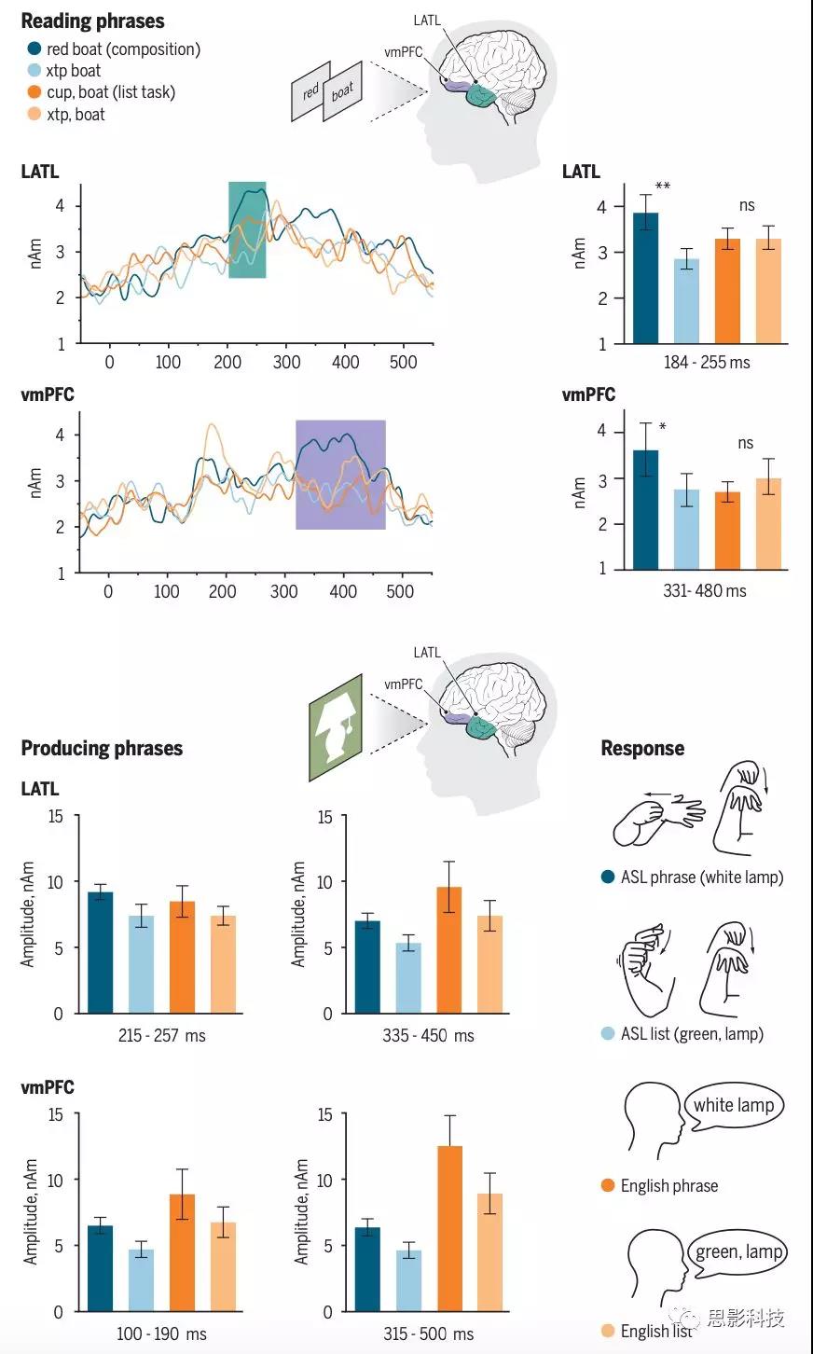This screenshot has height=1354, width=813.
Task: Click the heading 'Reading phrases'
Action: [92, 21]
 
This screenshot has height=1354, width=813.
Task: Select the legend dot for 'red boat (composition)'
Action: [34, 48]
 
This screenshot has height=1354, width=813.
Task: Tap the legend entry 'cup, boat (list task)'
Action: [110, 92]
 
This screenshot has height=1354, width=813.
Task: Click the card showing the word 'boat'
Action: [342, 93]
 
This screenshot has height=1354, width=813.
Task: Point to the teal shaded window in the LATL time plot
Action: [247, 229]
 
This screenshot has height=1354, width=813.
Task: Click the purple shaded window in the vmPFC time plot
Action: [340, 475]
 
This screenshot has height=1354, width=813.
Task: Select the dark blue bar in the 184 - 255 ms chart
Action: [645, 278]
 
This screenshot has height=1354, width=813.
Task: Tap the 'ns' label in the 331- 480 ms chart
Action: [745, 444]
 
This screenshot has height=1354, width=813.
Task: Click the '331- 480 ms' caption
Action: [705, 590]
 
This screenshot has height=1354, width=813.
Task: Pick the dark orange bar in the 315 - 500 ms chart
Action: [449, 1228]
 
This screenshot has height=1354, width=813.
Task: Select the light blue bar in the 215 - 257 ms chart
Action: [141, 964]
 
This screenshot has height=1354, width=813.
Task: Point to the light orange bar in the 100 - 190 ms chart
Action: [223, 1266]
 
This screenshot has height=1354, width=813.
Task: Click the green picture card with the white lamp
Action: [336, 727]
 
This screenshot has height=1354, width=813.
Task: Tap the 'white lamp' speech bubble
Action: [734, 1106]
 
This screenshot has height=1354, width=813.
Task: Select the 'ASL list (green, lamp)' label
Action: [691, 1033]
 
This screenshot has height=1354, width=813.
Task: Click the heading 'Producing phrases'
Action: [102, 748]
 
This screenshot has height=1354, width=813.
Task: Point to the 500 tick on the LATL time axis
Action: [403, 362]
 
